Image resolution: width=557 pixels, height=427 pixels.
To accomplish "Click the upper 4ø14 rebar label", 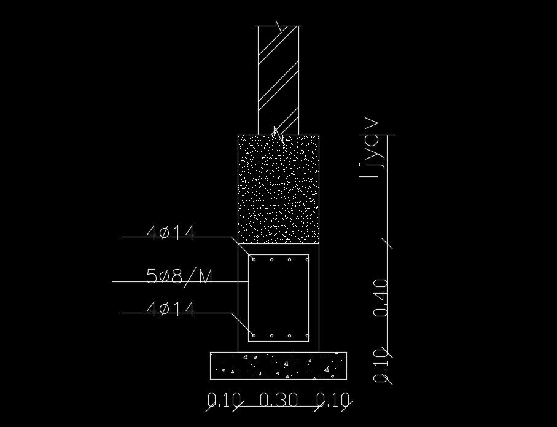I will tap(171, 233).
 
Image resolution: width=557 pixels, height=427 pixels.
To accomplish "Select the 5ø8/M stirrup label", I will tap(179, 277).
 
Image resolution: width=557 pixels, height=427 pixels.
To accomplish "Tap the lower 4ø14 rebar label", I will tap(171, 309).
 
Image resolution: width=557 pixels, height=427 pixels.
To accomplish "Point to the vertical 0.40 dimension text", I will tap(381, 297).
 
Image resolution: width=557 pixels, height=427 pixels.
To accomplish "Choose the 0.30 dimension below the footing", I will tap(279, 401).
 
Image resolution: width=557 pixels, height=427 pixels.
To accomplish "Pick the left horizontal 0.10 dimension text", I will tap(224, 401).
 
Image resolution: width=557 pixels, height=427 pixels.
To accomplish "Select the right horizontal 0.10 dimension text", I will tap(332, 401).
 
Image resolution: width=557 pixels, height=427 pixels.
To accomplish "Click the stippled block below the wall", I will tap(279, 188).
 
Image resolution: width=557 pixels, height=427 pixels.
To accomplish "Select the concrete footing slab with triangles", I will tap(278, 366).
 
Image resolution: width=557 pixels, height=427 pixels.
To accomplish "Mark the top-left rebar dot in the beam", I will tap(254, 260).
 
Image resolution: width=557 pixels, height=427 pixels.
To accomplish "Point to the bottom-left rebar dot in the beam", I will tap(254, 336).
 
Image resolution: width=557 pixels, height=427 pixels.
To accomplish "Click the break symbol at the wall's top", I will tap(279, 26).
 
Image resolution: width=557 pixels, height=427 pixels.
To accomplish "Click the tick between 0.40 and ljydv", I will tap(388, 243).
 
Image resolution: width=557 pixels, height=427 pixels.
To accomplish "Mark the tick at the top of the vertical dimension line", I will tap(388, 134).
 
